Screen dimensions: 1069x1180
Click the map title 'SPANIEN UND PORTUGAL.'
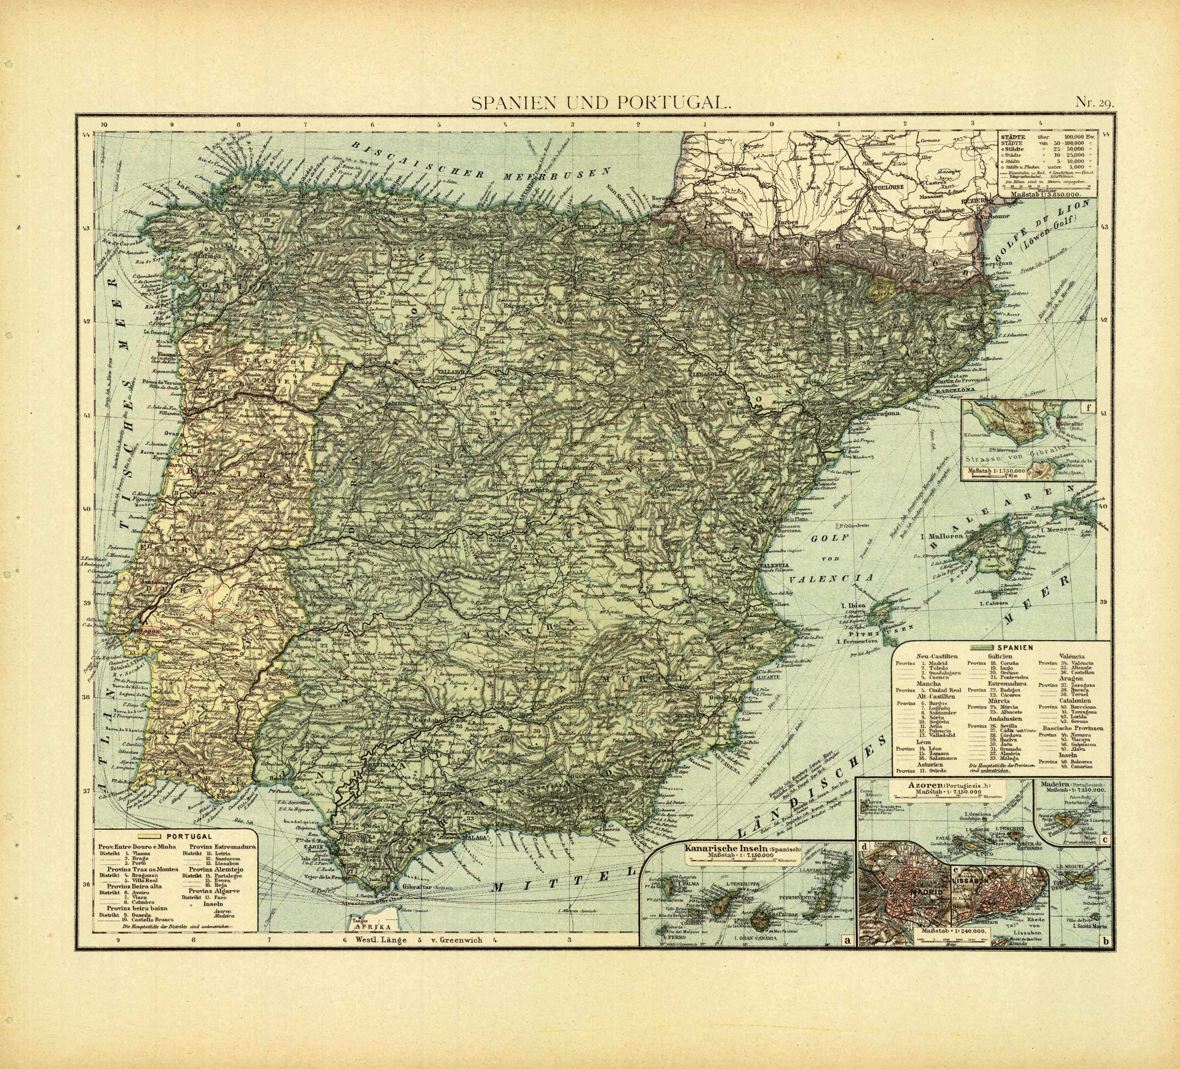[600, 103]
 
